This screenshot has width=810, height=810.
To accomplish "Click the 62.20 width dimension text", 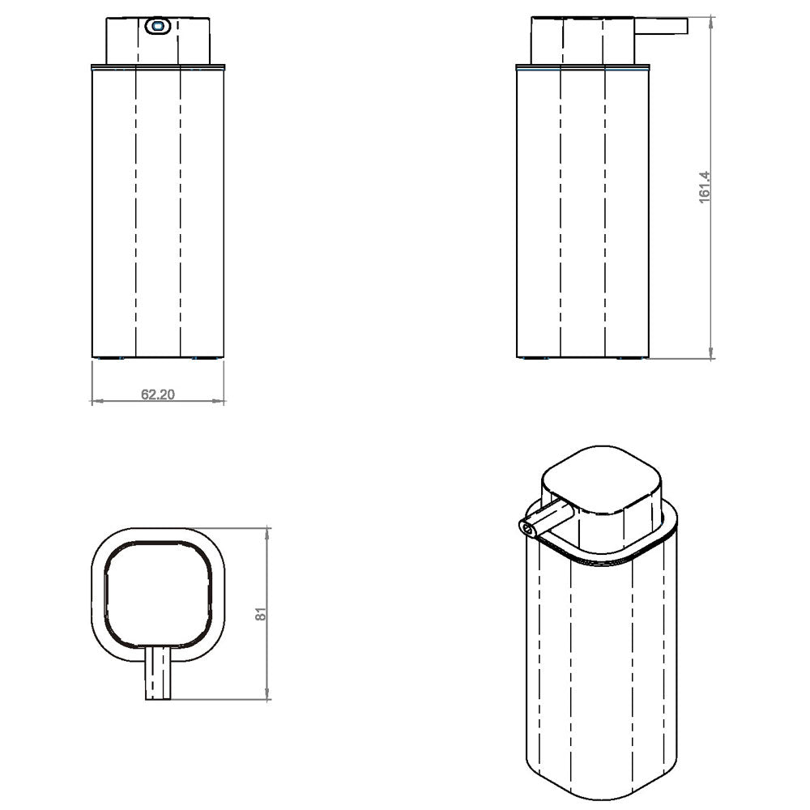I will point(159,394).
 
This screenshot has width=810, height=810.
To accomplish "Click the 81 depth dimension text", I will point(261,613).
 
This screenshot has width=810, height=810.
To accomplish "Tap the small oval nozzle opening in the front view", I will point(156,27).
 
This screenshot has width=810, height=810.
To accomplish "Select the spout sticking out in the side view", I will point(660,27).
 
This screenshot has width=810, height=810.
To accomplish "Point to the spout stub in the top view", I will point(159,674).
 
